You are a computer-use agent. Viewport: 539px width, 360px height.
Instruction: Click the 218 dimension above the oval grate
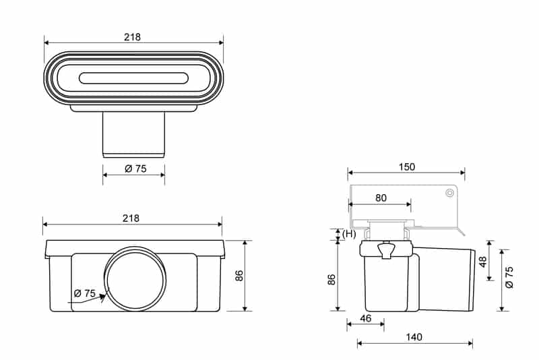click(132, 37)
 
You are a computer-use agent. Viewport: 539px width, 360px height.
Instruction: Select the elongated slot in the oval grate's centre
click(133, 78)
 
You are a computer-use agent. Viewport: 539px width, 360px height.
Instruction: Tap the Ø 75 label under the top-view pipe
click(135, 169)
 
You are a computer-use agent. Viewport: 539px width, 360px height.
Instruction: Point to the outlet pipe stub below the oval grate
click(133, 134)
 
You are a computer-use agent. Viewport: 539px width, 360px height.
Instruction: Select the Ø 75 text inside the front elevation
click(84, 293)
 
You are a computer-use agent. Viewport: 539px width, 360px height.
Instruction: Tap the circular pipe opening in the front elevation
click(133, 278)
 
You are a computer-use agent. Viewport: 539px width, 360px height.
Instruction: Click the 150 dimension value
click(406, 167)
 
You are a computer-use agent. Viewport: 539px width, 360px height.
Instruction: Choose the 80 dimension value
click(381, 198)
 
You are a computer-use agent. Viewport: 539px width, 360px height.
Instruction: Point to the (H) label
click(349, 234)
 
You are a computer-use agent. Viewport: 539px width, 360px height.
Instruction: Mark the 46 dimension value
click(365, 317)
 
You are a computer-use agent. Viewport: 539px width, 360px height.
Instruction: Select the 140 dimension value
click(414, 337)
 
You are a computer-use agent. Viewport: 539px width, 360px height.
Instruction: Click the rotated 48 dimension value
click(482, 262)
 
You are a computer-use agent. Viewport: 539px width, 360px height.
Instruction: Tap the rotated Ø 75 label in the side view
click(509, 277)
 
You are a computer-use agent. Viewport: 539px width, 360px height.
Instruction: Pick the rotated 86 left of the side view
click(331, 279)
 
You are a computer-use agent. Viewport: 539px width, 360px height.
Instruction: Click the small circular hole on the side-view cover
click(449, 193)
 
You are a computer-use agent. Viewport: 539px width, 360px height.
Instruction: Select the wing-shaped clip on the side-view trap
click(387, 251)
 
